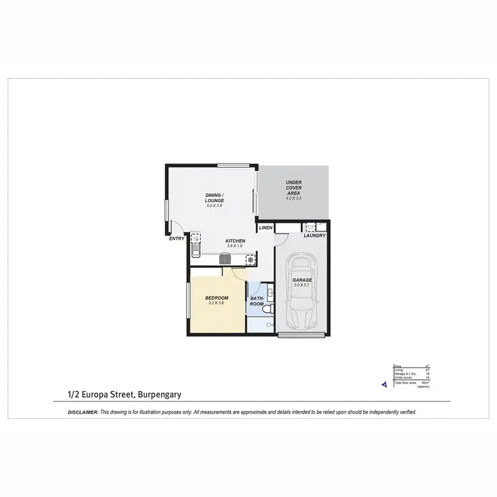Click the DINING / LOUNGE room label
[214, 197]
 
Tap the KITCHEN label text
[235, 241]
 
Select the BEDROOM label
[217, 298]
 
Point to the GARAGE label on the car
[302, 280]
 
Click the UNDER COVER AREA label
[294, 188]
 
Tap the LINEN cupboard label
[265, 228]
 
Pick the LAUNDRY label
[313, 236]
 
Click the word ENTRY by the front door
[176, 239]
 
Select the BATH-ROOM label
[257, 302]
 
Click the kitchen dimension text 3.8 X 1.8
[235, 246]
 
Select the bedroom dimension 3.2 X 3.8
[217, 303]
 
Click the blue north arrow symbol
[384, 383]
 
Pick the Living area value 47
[427, 370]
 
